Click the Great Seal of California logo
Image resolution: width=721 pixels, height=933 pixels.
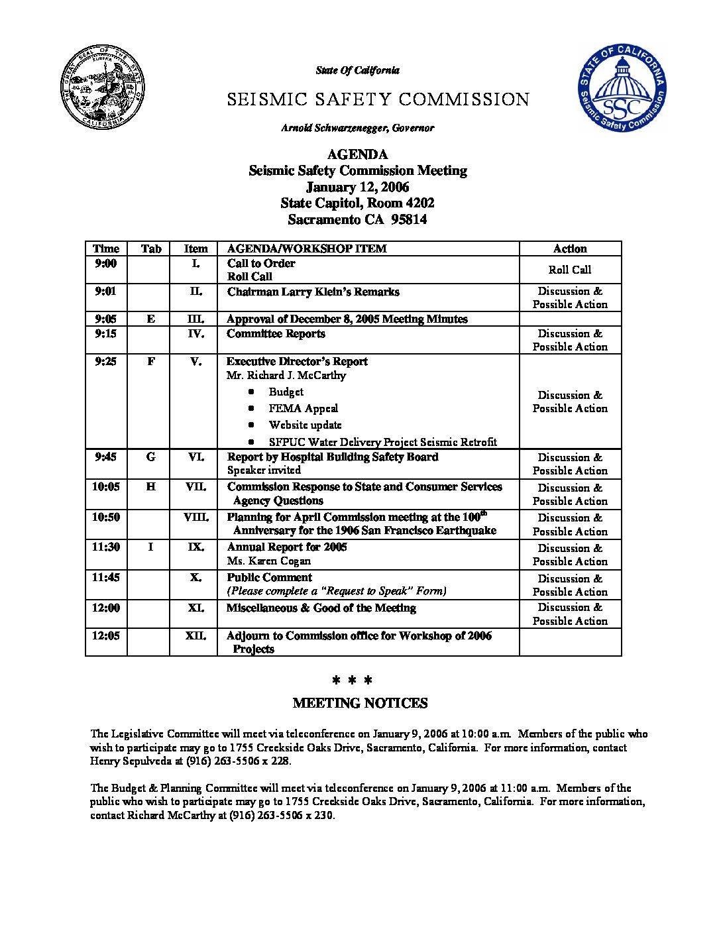pos(103,89)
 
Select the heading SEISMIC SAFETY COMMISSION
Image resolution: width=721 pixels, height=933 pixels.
pos(378,100)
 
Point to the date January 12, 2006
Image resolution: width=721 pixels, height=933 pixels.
pos(357,187)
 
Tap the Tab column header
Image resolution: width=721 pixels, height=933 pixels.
pos(151,249)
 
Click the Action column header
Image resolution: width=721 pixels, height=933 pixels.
pos(570,249)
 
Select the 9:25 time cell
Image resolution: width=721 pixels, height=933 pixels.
pos(105,362)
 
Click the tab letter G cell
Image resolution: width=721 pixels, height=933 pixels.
pos(151,457)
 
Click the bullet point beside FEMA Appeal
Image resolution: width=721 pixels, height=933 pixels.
pos(251,409)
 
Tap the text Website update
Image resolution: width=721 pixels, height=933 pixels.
pos(305,425)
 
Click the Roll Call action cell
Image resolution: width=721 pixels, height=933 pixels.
pos(570,270)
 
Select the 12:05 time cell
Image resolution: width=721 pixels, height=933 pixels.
pos(105,636)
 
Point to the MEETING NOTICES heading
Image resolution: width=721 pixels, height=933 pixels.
pos(360,704)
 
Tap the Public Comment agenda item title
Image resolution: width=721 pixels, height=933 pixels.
pos(269,578)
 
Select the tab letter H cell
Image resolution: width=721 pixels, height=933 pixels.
pos(151,487)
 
